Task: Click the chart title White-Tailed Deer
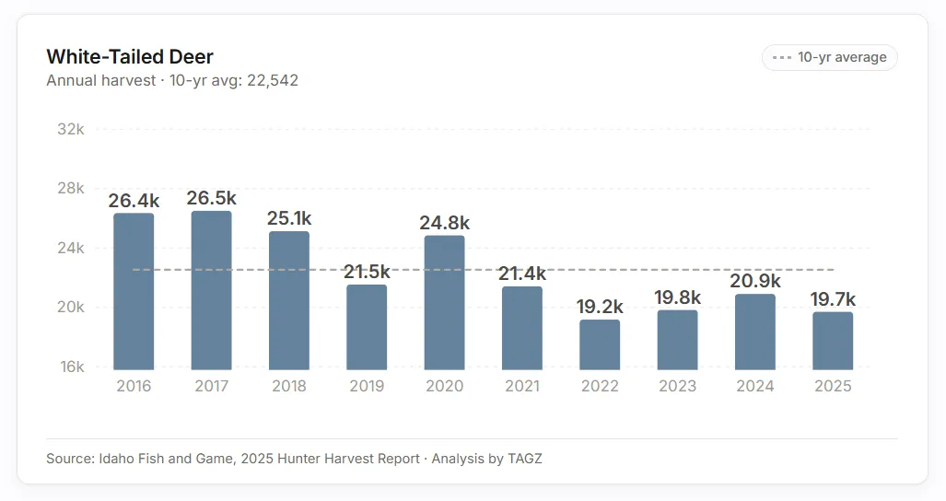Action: pyautogui.click(x=130, y=57)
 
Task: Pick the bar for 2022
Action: pyautogui.click(x=600, y=344)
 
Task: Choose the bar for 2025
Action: pyautogui.click(x=833, y=341)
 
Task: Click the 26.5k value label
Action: pyautogui.click(x=211, y=198)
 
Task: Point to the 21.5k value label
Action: pyautogui.click(x=366, y=272)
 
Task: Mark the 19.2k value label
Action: pyautogui.click(x=600, y=307)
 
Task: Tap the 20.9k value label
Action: pyautogui.click(x=755, y=281)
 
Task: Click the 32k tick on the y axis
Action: pyautogui.click(x=71, y=129)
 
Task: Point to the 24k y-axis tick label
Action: pyautogui.click(x=71, y=248)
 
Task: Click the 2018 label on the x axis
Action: pyautogui.click(x=288, y=386)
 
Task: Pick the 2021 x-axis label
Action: pyautogui.click(x=521, y=386)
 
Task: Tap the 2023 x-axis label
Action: pyautogui.click(x=677, y=386)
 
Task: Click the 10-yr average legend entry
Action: pyautogui.click(x=830, y=57)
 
